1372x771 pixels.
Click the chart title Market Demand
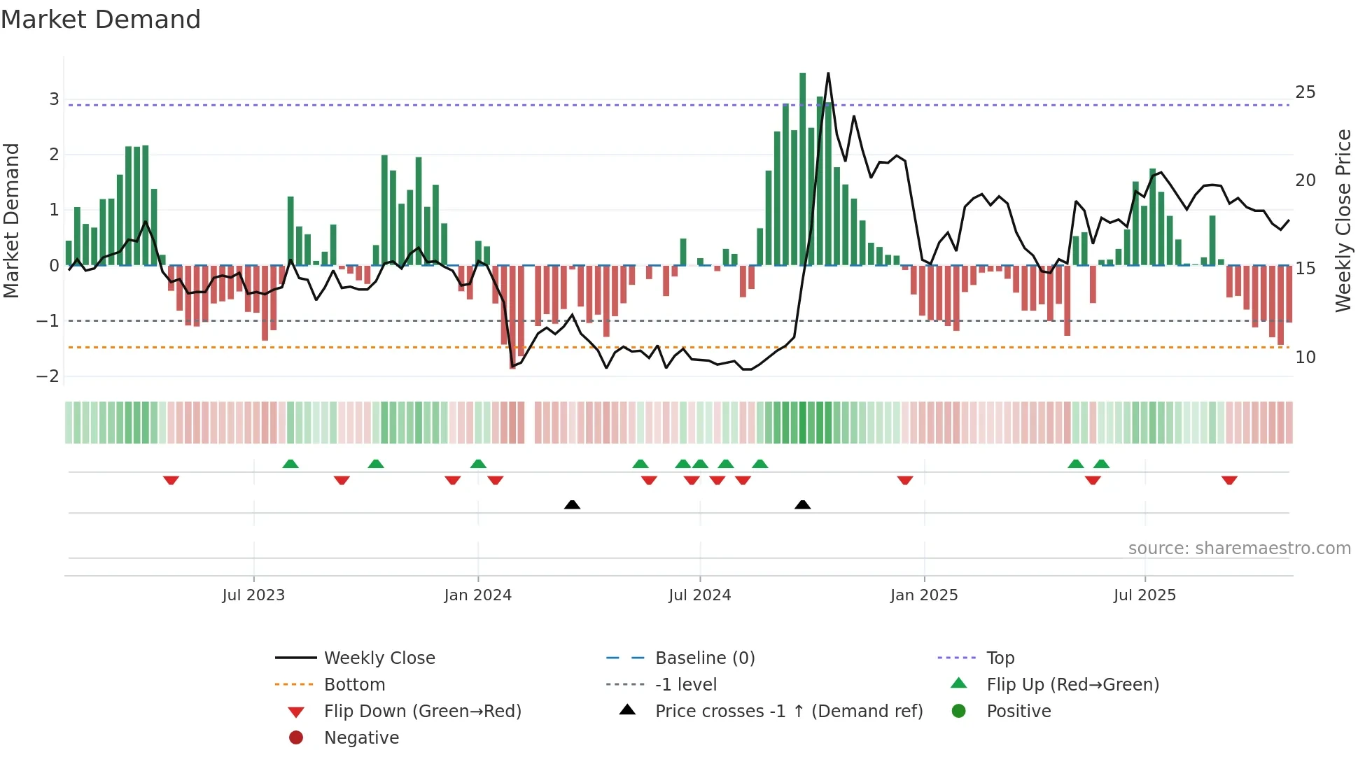click(101, 20)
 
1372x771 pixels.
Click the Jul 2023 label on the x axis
click(253, 595)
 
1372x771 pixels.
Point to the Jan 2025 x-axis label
click(924, 595)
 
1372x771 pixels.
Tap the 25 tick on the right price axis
click(1305, 92)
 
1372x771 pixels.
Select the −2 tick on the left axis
click(48, 376)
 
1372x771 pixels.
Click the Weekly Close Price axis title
click(1343, 220)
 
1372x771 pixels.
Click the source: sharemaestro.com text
click(1239, 549)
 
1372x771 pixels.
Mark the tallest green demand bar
click(803, 168)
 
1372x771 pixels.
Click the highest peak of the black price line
click(828, 73)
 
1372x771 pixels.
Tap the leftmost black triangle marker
click(572, 504)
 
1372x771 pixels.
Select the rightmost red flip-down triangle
click(1229, 480)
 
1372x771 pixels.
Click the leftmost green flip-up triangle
click(290, 464)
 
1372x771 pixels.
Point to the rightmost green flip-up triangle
click(1101, 464)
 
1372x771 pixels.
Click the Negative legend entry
click(360, 738)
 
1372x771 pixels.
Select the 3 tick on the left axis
click(54, 99)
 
